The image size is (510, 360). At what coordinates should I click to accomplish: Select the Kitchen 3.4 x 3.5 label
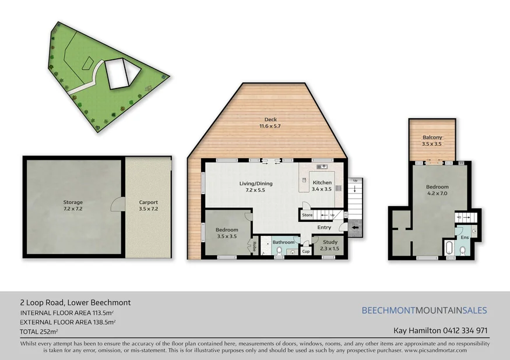click(322, 186)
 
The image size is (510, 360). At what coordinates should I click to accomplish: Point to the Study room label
click(330, 245)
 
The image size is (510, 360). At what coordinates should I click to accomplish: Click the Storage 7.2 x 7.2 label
click(73, 206)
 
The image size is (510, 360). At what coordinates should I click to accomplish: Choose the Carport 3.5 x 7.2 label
click(148, 206)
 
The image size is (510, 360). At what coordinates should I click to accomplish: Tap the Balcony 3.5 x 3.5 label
click(432, 140)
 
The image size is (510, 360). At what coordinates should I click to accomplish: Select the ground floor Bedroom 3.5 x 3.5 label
click(226, 233)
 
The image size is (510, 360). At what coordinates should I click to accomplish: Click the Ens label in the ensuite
click(464, 238)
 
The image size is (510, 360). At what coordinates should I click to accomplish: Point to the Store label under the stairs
click(307, 215)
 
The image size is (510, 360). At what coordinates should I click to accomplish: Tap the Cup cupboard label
click(305, 252)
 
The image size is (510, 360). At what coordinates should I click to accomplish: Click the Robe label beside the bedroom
click(255, 247)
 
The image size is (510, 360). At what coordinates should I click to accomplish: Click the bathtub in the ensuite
click(448, 249)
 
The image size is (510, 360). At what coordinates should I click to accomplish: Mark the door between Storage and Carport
click(118, 204)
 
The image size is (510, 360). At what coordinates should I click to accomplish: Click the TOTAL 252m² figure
click(39, 331)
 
